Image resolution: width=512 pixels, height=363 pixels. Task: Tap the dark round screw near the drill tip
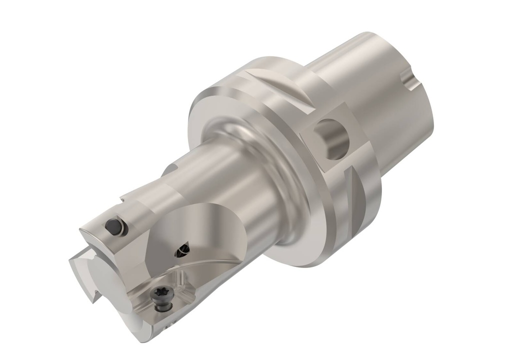click(x=114, y=226)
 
